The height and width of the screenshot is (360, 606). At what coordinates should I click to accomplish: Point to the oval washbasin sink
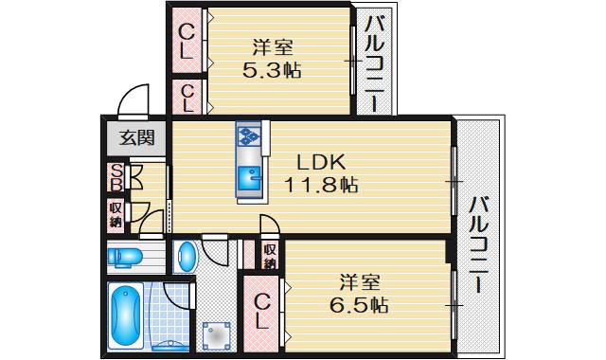click(x=187, y=257)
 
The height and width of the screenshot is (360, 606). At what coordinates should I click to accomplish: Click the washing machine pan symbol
click(x=216, y=334)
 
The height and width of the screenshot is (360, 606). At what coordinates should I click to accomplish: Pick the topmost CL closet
click(x=188, y=40)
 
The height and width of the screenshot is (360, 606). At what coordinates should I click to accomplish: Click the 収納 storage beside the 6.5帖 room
click(x=270, y=255)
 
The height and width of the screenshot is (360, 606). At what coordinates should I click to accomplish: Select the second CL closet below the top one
click(x=188, y=98)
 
